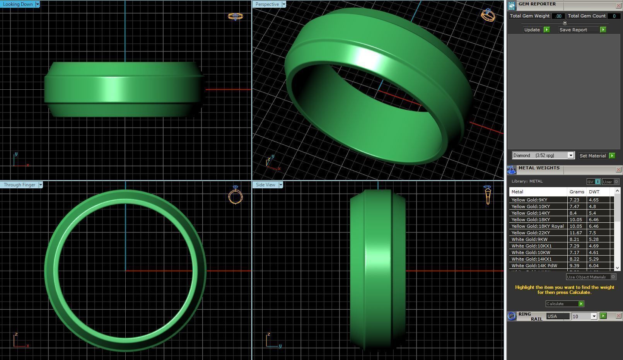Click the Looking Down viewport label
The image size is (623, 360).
[x=18, y=4]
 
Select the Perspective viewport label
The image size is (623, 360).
[x=267, y=4]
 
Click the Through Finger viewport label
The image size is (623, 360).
[x=19, y=185]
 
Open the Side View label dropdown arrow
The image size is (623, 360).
[x=281, y=185]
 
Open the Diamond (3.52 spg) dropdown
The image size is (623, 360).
[x=570, y=155]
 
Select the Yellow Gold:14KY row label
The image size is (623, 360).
[x=531, y=213]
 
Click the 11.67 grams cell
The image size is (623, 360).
[x=575, y=233]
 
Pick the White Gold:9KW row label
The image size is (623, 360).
[x=529, y=239]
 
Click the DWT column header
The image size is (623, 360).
[x=594, y=192]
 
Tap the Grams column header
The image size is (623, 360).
[x=577, y=192]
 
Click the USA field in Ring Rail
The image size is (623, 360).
[x=557, y=316]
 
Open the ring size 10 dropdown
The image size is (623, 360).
[x=594, y=316]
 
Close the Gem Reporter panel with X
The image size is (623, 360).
[x=618, y=5]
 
